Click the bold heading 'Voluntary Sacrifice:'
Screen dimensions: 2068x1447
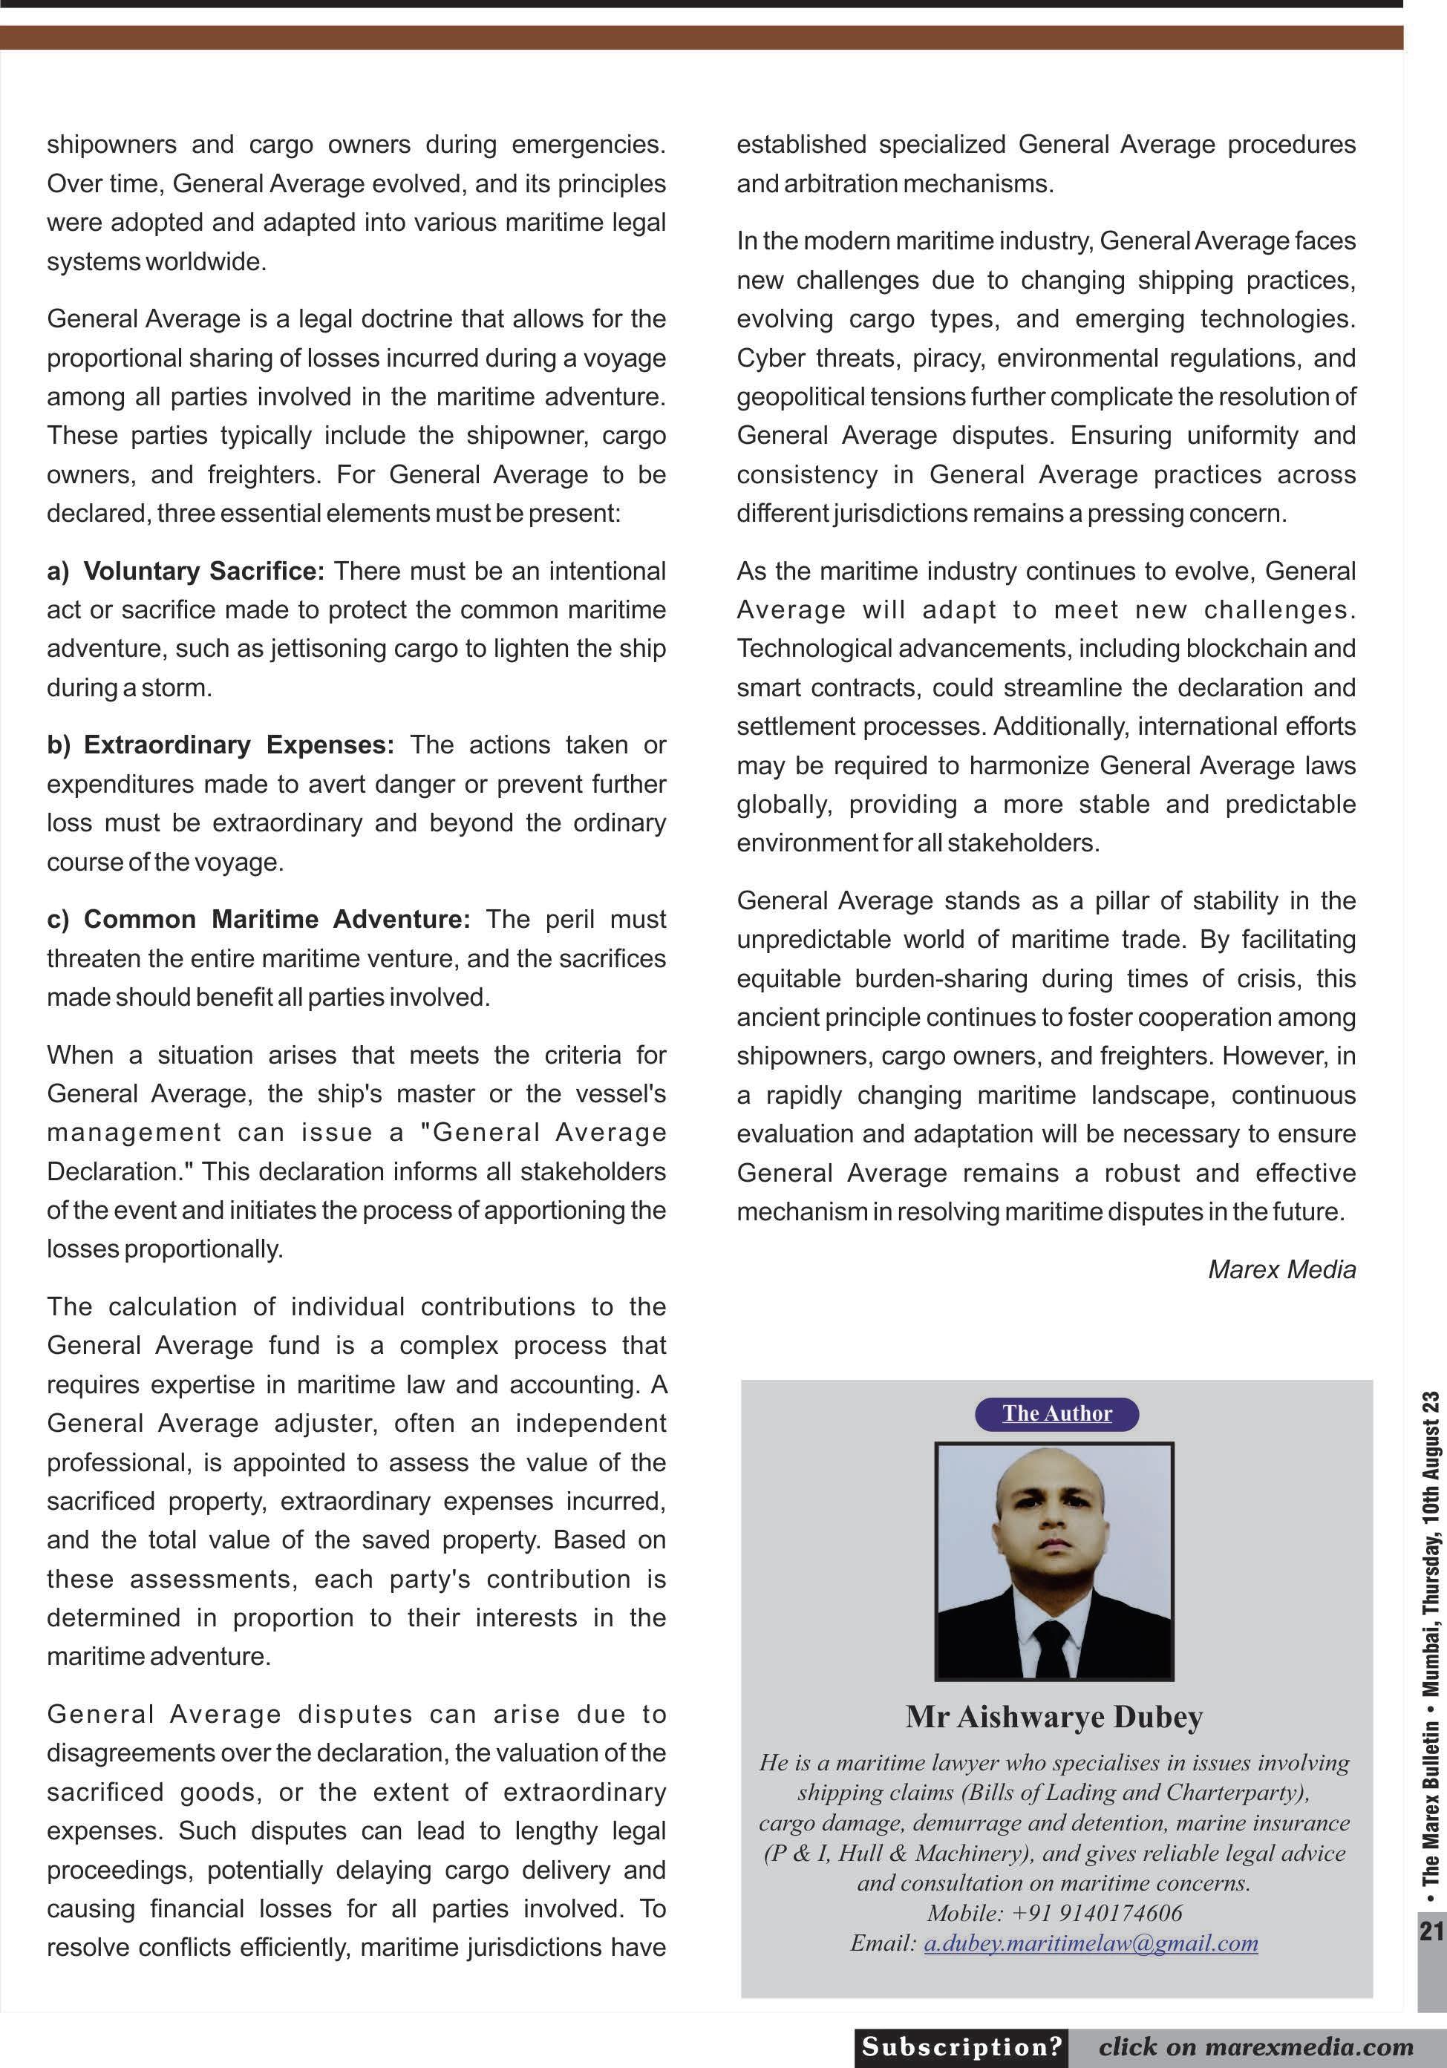click(203, 571)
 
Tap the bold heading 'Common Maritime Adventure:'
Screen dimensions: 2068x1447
click(277, 920)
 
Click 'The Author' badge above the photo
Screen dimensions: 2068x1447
click(1057, 1413)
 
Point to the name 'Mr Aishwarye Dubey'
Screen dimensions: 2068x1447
click(1054, 1717)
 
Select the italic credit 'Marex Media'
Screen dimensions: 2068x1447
click(1281, 1269)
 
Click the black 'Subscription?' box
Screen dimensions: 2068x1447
click(961, 2046)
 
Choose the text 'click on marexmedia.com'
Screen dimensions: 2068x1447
click(1256, 2046)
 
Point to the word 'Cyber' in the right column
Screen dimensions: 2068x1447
click(768, 359)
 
